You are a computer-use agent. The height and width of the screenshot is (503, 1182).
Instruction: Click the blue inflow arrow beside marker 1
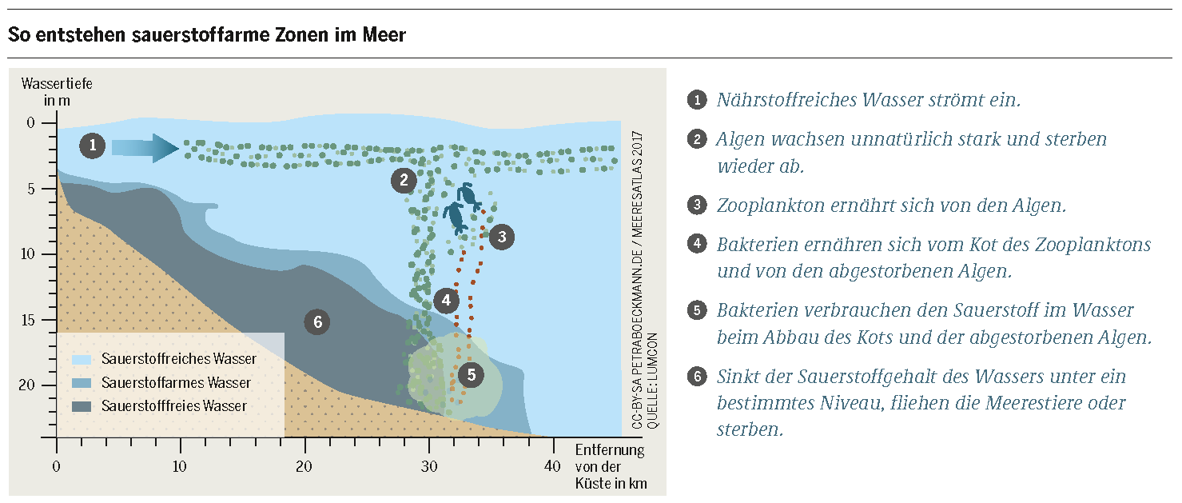tap(145, 148)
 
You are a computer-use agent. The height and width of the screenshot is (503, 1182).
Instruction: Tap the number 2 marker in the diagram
tap(404, 181)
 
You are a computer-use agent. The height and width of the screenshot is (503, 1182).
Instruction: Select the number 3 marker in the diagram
tap(501, 237)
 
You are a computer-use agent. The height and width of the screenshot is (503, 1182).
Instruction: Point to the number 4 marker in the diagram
tap(446, 301)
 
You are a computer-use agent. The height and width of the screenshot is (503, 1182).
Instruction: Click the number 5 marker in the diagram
tap(471, 375)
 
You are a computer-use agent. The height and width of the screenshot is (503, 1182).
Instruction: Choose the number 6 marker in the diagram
tap(317, 322)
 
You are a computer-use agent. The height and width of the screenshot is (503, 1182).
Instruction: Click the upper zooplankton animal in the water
tap(468, 197)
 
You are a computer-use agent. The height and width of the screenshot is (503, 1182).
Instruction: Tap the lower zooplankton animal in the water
tap(455, 218)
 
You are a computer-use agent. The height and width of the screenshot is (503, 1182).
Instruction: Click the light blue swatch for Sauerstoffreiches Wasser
tap(82, 359)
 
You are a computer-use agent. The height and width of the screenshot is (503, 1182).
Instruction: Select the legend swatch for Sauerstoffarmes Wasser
tap(82, 383)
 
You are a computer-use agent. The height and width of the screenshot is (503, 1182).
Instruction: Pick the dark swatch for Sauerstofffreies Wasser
tap(82, 406)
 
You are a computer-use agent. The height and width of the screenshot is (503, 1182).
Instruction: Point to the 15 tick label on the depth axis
tap(27, 320)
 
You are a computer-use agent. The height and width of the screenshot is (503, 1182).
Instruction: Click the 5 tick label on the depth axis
tap(31, 189)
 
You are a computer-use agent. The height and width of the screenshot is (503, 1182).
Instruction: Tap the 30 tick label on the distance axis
tap(429, 466)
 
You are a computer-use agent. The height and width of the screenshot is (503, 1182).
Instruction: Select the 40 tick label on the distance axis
tap(552, 466)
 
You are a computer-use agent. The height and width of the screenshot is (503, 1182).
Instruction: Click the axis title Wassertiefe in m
tap(57, 92)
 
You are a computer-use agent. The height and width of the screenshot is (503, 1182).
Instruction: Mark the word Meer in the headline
tap(384, 35)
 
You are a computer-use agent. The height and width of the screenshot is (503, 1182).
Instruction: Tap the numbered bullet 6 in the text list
tap(697, 377)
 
